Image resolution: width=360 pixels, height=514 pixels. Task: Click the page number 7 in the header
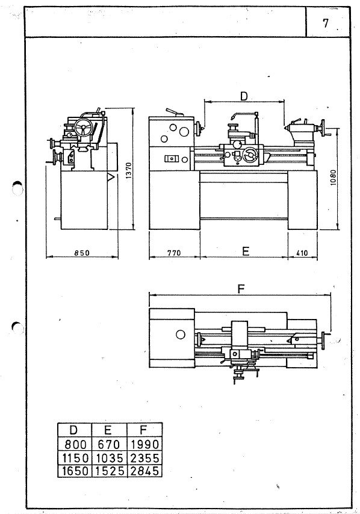(325, 23)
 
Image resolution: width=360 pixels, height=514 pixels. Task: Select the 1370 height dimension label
(128, 170)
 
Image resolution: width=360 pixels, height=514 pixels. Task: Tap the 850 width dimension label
(82, 253)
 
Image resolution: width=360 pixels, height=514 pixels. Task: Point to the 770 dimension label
(174, 253)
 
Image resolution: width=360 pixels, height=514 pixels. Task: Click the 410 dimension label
(302, 253)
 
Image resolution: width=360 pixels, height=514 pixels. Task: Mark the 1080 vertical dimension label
(333, 178)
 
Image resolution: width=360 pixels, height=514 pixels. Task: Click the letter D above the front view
(244, 96)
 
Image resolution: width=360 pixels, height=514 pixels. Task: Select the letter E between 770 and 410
(246, 251)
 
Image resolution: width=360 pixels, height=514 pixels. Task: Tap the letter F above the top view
(241, 289)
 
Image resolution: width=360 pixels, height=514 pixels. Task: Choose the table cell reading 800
(75, 445)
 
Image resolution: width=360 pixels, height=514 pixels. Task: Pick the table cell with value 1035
(110, 457)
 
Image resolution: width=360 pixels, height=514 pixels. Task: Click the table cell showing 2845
(144, 471)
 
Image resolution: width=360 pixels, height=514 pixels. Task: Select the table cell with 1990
(144, 445)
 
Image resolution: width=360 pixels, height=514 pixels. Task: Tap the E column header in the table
(108, 430)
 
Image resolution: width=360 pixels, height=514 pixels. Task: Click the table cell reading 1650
(75, 471)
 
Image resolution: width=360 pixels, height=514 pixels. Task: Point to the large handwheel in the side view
(83, 127)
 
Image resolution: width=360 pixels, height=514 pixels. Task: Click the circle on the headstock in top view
(181, 335)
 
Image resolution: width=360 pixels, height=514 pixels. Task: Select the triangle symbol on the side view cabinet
(111, 177)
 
